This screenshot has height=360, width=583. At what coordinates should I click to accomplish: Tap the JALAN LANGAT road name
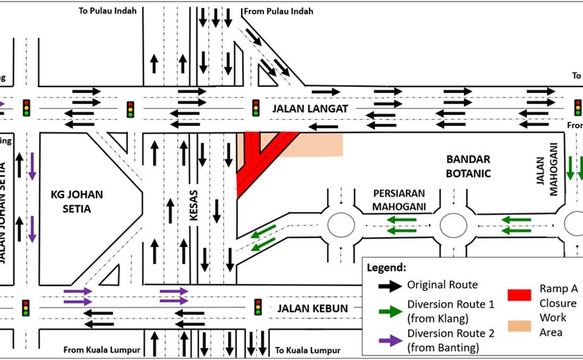(310, 109)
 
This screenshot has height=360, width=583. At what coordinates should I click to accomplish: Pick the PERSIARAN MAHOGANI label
(398, 200)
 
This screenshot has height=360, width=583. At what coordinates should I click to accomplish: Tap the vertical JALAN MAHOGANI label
(553, 170)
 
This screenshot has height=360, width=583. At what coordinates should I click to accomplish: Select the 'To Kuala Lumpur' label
(307, 350)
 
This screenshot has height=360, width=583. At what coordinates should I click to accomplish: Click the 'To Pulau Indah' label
(107, 10)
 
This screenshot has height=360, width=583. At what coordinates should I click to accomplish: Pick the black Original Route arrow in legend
(386, 285)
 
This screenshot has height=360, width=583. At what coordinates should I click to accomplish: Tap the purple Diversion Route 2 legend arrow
(386, 340)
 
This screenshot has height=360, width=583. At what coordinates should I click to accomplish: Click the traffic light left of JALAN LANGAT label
(256, 108)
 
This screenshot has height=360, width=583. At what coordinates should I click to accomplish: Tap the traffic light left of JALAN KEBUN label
(257, 307)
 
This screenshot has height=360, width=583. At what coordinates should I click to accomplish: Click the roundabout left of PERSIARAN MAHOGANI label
(341, 225)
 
